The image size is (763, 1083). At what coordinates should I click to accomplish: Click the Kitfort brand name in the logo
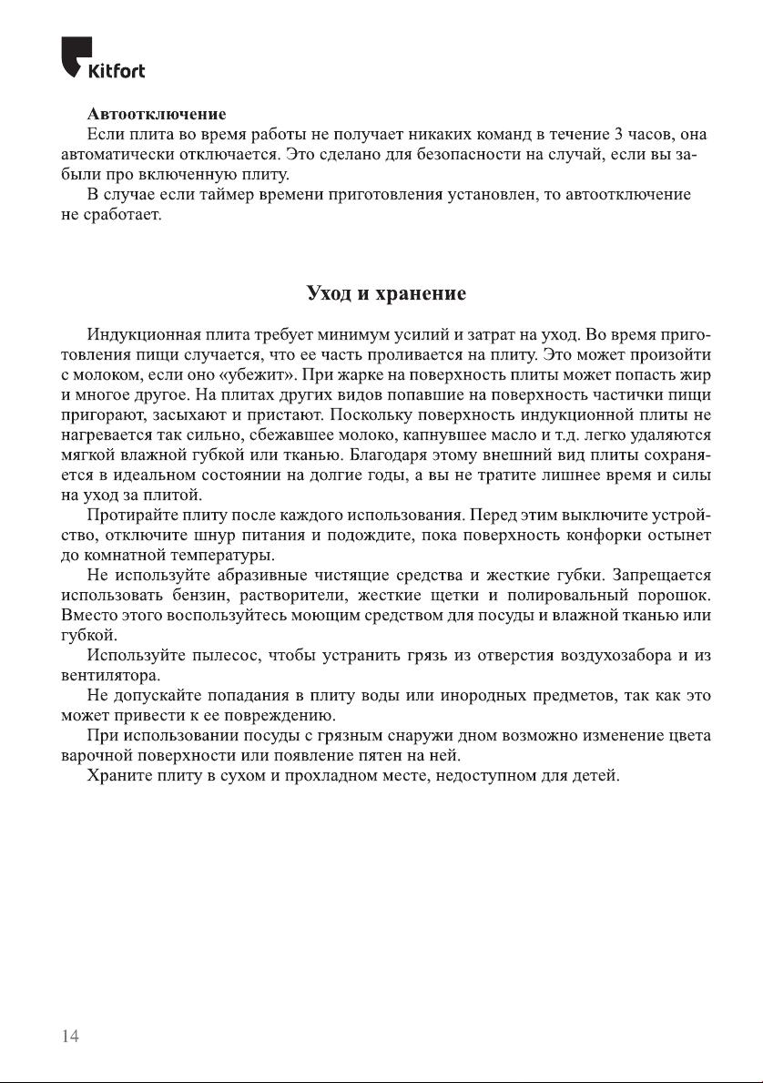(117, 70)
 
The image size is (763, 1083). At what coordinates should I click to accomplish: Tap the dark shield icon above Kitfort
(76, 53)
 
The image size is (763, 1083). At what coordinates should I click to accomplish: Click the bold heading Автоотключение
(157, 115)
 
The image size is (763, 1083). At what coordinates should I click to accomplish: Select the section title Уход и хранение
(386, 294)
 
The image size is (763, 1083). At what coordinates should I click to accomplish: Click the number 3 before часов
(618, 135)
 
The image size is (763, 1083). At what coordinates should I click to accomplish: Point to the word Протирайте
(131, 516)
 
